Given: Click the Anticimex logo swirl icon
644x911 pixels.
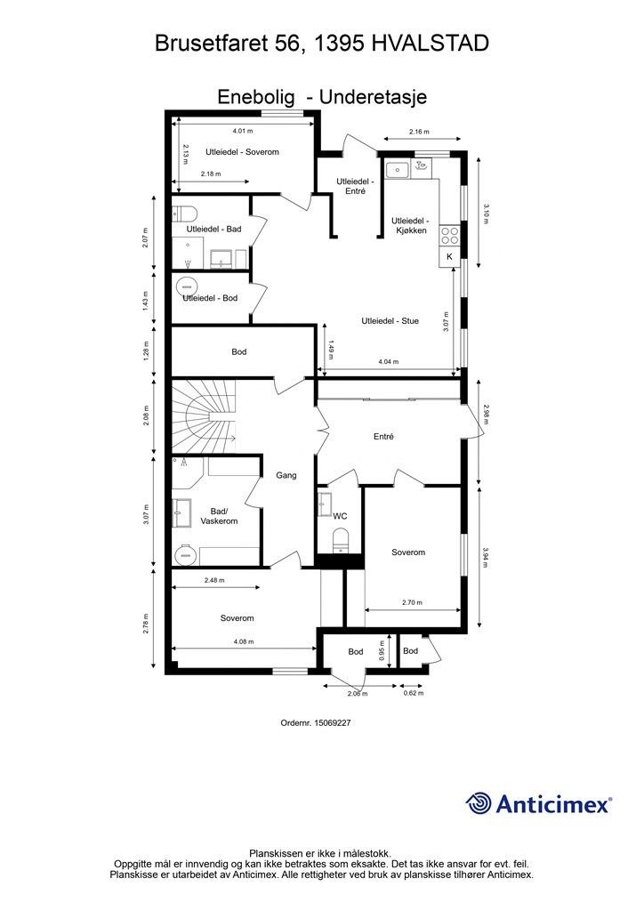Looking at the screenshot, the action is [x=479, y=803].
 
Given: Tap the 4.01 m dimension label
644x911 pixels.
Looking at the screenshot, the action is [x=242, y=132].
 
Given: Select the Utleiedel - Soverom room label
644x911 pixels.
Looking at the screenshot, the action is [x=242, y=152].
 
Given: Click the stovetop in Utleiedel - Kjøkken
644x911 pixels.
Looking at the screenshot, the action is [x=449, y=235].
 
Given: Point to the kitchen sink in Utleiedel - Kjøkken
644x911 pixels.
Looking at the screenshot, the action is [x=398, y=170].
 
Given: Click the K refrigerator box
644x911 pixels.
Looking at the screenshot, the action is [x=449, y=256].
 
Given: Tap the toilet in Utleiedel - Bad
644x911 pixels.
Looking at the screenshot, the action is [x=183, y=214].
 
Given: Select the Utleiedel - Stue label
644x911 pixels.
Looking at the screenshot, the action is [x=390, y=320].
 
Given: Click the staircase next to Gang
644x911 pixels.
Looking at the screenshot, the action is [x=204, y=415].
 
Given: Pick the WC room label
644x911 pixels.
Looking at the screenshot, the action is [x=340, y=516].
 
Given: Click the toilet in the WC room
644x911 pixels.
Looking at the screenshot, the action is [x=340, y=539].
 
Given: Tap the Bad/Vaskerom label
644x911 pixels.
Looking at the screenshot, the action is [x=219, y=516].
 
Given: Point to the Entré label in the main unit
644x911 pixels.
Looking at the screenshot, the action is [x=383, y=436].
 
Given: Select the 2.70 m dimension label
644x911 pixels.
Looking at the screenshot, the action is [x=412, y=602].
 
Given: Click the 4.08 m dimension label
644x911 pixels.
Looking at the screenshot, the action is [x=244, y=641].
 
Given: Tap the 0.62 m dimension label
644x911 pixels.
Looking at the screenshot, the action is [x=414, y=693].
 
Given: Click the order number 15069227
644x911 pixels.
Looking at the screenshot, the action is [x=332, y=722].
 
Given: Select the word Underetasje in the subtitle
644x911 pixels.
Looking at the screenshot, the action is [x=373, y=96].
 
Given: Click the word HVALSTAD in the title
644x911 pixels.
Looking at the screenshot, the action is [x=430, y=43].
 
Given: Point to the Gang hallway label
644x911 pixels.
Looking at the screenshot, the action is [x=286, y=475].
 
